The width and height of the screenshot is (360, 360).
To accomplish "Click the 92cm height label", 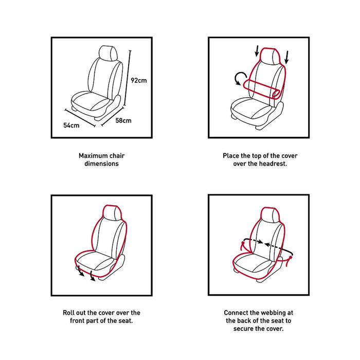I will (139, 80).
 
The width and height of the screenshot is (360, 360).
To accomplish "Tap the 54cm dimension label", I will (71, 125).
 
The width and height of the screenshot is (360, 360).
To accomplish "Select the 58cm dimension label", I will (123, 121).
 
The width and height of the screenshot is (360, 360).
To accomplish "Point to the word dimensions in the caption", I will (102, 164).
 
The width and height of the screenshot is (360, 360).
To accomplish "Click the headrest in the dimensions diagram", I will (109, 52).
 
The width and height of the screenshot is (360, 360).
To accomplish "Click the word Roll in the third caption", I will (70, 313).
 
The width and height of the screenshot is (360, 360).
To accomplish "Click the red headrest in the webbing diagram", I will (269, 214).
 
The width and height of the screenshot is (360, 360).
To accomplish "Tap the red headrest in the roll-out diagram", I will (113, 212).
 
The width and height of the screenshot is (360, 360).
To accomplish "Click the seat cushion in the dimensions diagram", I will (90, 101).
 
